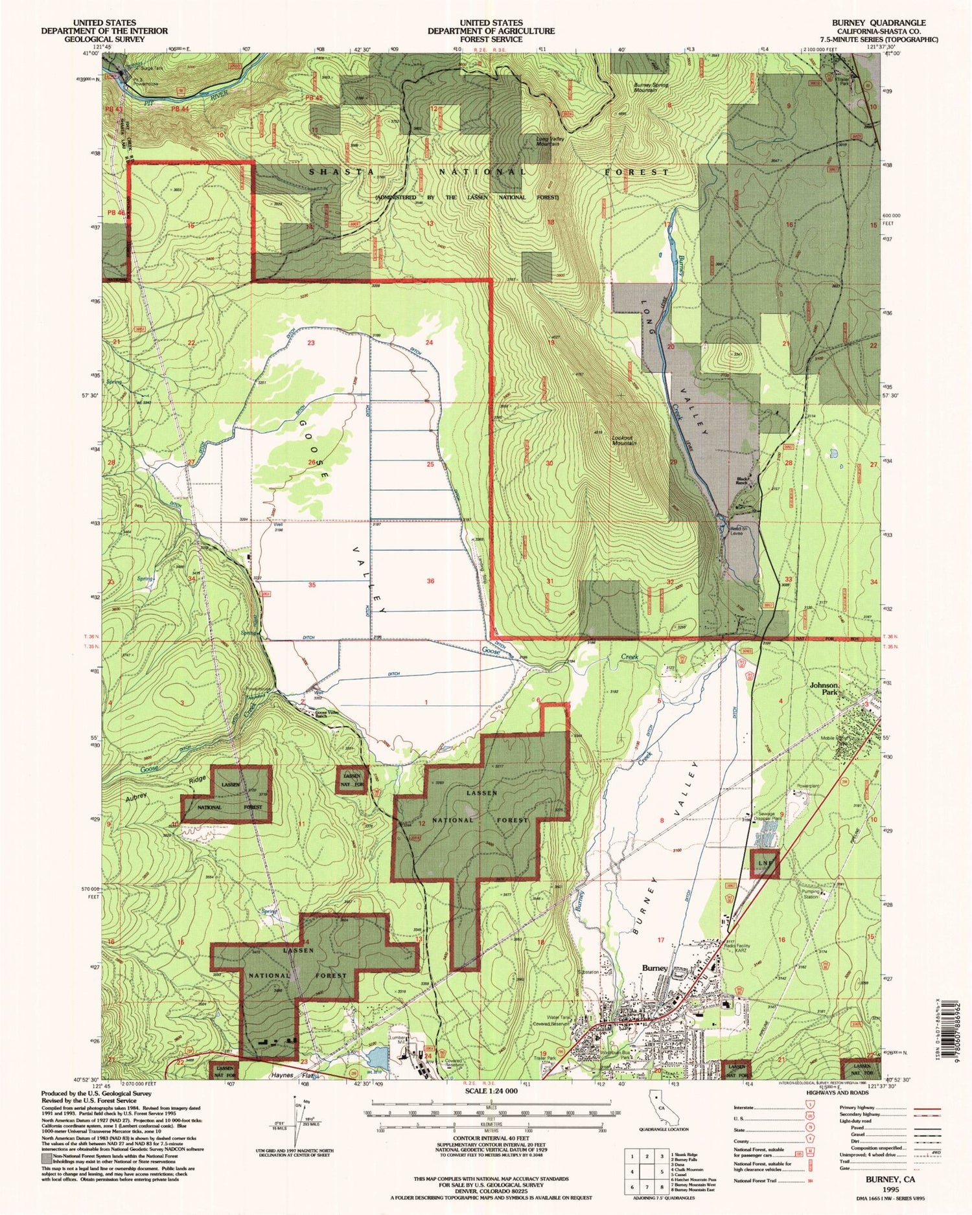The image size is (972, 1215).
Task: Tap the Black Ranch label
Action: [743, 481]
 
